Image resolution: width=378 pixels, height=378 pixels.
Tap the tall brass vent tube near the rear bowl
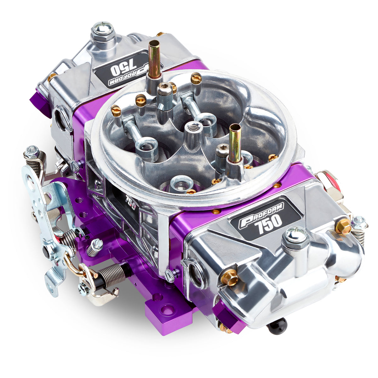click(154, 60)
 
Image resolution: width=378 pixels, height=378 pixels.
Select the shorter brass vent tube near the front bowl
click(235, 143)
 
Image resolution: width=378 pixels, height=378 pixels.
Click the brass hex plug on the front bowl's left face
click(229, 277)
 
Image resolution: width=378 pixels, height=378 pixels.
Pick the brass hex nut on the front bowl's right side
click(343, 226)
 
